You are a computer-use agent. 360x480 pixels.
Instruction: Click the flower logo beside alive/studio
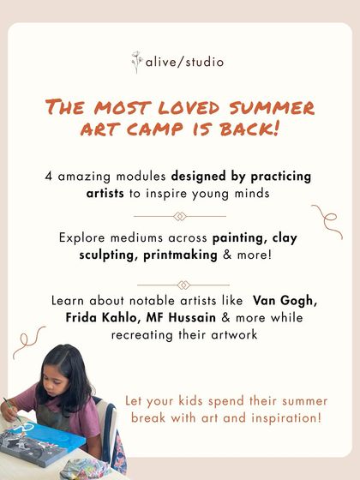pyautogui.click(x=135, y=62)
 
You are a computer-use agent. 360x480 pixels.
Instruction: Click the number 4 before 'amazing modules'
pyautogui.click(x=50, y=176)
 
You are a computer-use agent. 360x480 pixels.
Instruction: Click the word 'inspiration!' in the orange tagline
pyautogui.click(x=284, y=418)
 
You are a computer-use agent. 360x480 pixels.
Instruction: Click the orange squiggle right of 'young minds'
pyautogui.click(x=327, y=220)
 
